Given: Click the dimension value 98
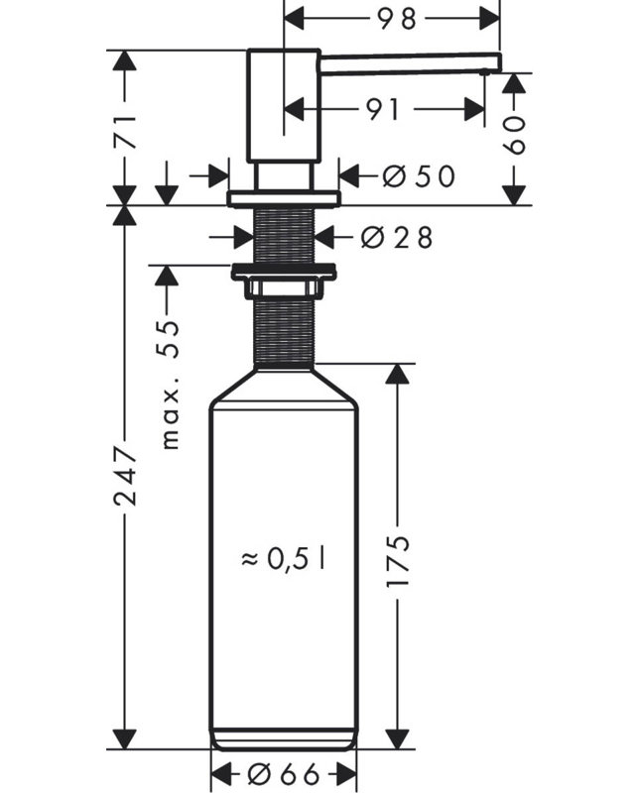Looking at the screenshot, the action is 397,19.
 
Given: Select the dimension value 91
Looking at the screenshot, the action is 383,110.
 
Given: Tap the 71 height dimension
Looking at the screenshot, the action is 125,132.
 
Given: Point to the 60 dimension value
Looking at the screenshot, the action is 514,135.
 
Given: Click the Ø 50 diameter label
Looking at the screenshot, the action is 419,176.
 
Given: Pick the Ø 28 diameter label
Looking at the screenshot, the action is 397,237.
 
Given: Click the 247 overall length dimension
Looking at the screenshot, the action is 125,475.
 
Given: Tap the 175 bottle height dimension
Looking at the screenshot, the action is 398,560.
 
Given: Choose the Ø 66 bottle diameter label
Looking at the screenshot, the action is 284,773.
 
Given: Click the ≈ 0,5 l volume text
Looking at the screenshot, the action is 284,559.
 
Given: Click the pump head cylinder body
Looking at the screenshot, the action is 284,106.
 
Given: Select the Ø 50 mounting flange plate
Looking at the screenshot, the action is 284,198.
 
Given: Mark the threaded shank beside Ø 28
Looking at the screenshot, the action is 284,235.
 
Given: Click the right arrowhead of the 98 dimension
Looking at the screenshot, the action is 489,19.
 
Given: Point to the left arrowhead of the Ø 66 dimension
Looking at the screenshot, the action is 220,773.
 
